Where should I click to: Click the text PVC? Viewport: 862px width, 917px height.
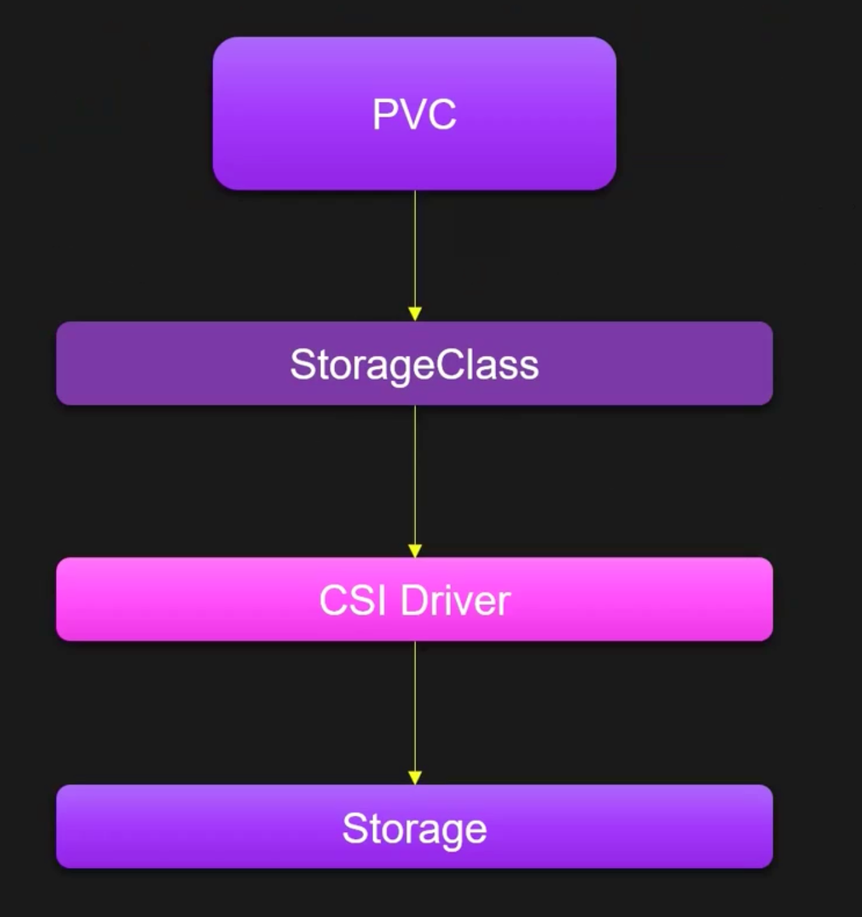click(x=414, y=115)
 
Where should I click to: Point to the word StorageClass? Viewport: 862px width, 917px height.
click(x=414, y=365)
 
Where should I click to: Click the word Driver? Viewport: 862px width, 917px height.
click(x=455, y=601)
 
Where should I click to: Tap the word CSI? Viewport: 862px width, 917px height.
click(x=352, y=601)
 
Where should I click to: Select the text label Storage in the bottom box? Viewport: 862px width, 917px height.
click(x=414, y=829)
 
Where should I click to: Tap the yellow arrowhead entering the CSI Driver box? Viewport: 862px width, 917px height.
click(x=415, y=551)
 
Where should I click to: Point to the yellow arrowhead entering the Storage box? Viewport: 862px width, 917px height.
click(x=415, y=778)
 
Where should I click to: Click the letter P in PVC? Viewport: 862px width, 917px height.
click(x=384, y=115)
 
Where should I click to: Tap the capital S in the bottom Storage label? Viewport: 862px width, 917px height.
click(x=354, y=828)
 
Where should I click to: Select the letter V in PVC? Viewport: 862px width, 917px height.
click(x=414, y=115)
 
